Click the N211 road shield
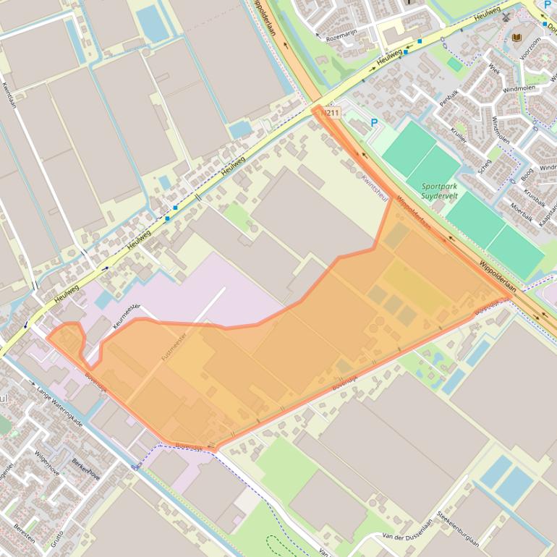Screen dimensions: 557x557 [x=331, y=113]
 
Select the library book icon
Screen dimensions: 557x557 [x=516, y=38]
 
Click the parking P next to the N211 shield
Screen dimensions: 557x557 [x=374, y=123]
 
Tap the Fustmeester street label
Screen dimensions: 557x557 [x=174, y=346]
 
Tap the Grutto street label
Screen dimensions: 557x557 [x=56, y=537]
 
